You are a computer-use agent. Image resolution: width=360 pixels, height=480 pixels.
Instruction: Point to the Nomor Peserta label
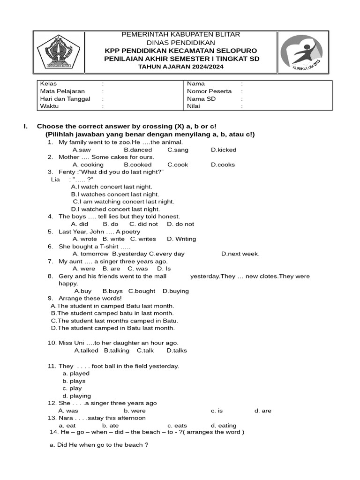click(209, 91)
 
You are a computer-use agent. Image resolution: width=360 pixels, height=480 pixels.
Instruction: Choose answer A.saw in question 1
click(82, 150)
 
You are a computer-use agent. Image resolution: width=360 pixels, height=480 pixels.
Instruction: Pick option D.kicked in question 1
click(223, 150)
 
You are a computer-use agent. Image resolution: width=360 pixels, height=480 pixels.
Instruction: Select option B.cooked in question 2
click(138, 165)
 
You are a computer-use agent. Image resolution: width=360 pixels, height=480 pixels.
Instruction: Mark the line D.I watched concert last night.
click(115, 209)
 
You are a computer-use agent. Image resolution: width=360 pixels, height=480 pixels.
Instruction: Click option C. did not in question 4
click(143, 224)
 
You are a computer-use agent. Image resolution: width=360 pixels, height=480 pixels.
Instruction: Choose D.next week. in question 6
click(240, 254)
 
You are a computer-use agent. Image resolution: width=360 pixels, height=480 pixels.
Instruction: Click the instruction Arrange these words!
click(90, 298)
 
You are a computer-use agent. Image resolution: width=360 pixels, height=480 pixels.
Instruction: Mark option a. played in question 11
click(76, 374)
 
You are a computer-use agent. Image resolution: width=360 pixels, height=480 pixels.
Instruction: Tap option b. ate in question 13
click(110, 426)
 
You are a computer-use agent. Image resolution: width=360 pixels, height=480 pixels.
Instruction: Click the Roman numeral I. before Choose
click(26, 127)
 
